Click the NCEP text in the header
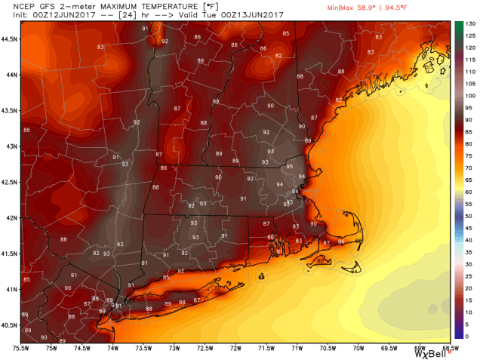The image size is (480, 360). coord(12,6)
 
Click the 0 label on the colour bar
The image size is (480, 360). coord(469,336)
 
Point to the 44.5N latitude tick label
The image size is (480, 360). coord(11,38)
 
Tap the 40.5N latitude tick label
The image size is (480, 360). coord(11,325)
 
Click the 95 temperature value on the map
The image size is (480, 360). coord(289,166)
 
